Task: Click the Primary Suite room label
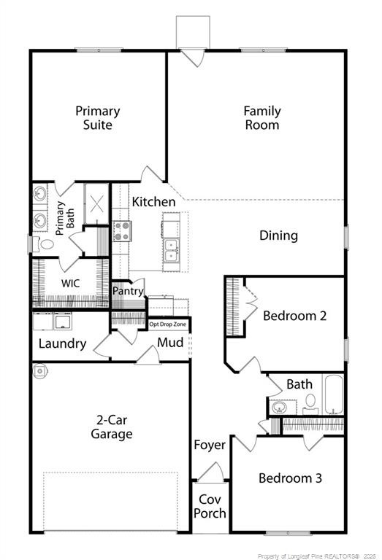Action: [97, 118]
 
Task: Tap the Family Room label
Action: [261, 118]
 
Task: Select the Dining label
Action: [278, 236]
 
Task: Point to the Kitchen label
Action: [153, 202]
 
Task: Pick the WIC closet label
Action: [70, 282]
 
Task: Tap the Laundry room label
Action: [62, 343]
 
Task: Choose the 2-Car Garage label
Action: [111, 427]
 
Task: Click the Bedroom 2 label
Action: [294, 316]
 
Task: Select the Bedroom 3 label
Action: [289, 478]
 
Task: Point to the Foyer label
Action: [210, 445]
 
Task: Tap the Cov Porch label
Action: [210, 506]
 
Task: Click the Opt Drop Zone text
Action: [168, 324]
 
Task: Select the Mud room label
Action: [170, 342]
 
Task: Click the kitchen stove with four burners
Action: [121, 232]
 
